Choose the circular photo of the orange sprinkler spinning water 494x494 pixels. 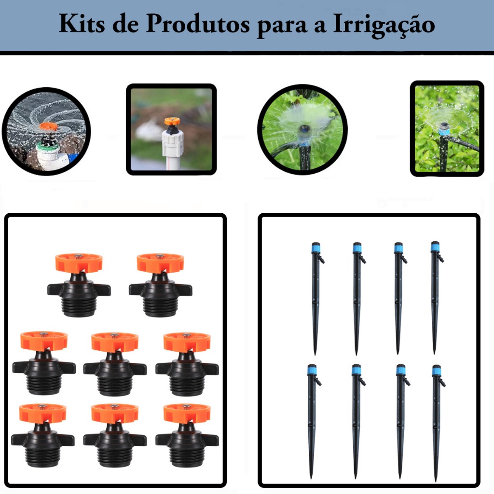point(46,131)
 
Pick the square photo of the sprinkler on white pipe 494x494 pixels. point(171,129)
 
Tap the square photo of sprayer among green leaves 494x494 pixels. point(446,128)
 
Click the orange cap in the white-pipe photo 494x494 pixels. point(172,121)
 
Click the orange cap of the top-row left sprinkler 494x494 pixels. point(79,263)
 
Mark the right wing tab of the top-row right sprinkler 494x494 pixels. point(184,289)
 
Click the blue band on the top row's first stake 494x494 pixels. point(316,248)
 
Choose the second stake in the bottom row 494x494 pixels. point(357,420)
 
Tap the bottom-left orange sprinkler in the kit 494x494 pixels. point(43,434)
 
